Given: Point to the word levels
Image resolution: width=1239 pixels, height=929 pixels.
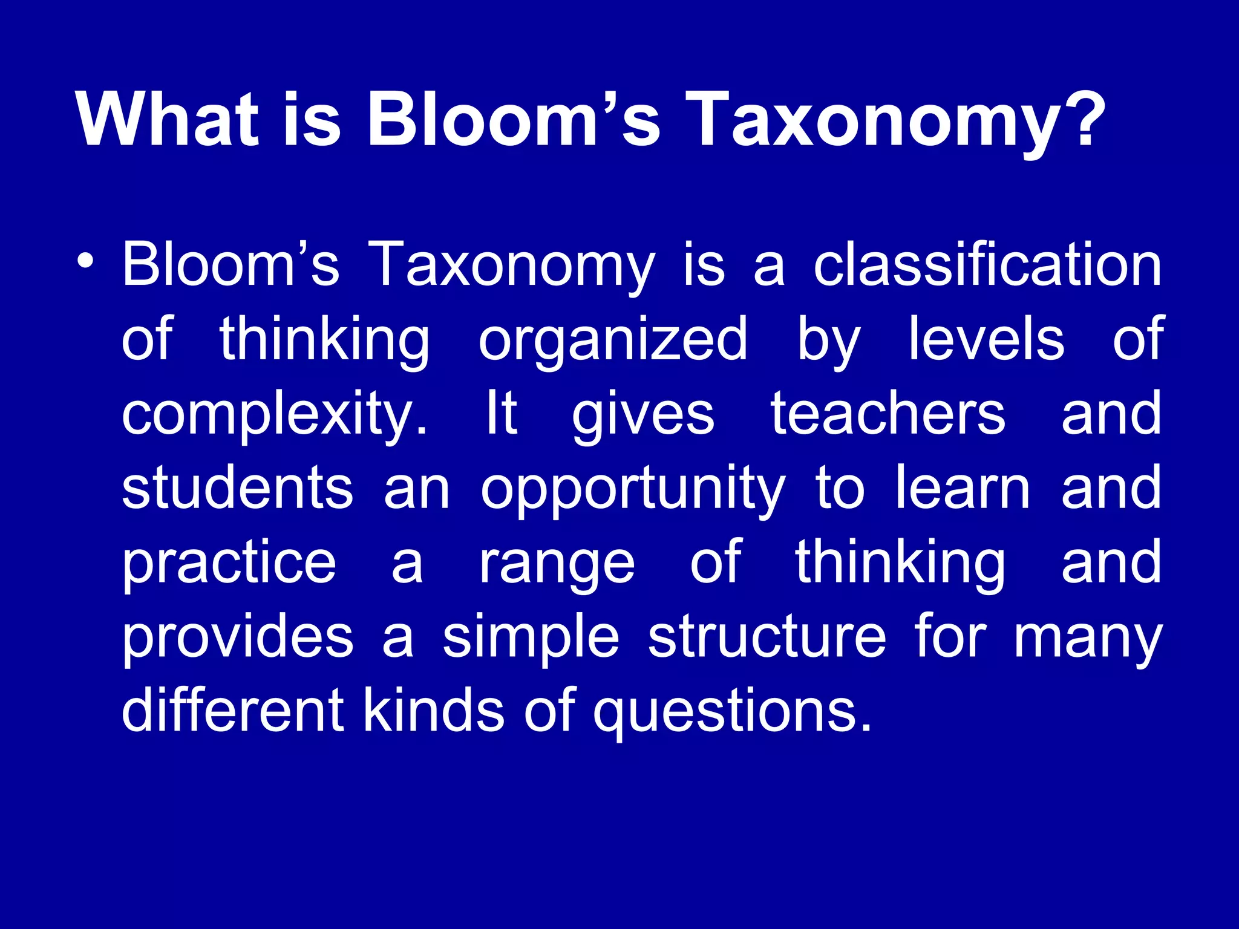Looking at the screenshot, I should point(986,339).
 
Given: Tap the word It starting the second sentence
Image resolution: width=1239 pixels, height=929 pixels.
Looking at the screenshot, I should point(502,413).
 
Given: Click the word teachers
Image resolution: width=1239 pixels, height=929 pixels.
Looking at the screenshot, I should point(888,413).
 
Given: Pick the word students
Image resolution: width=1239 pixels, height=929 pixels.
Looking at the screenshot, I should point(237,487).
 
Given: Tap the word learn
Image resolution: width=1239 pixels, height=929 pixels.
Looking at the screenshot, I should point(963,487).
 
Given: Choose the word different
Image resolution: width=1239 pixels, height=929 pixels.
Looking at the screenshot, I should point(233,710).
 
